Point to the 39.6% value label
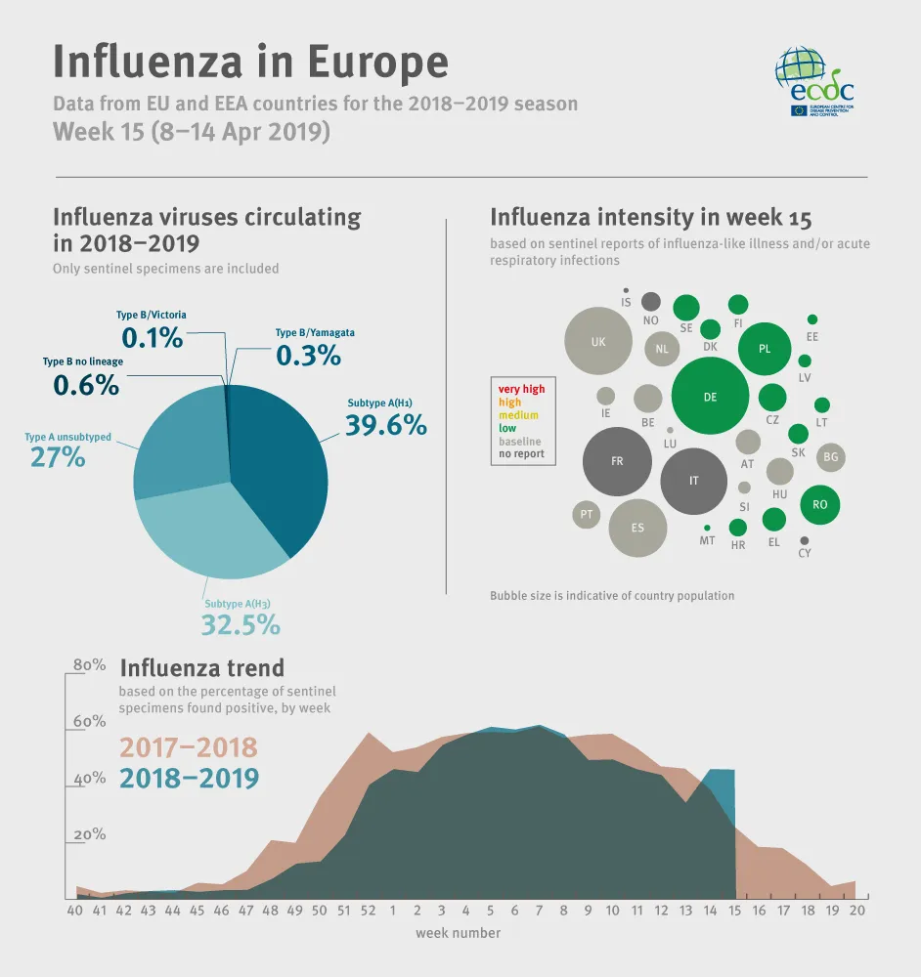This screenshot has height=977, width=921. [x=385, y=425]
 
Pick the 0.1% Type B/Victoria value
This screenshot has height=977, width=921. [x=152, y=338]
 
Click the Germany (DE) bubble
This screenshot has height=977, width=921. [x=710, y=396]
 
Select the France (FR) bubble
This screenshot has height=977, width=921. [x=617, y=461]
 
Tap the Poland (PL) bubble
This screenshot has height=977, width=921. [x=765, y=349]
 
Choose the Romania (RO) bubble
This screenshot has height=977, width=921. [x=820, y=505]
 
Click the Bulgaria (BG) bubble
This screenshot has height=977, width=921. [x=831, y=456]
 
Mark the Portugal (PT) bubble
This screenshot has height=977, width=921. [x=586, y=514]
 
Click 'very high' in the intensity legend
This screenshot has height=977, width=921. [x=521, y=389]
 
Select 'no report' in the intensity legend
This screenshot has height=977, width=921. [x=521, y=454]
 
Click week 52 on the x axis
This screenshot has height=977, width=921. [x=368, y=910]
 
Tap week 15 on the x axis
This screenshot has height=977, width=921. [x=734, y=910]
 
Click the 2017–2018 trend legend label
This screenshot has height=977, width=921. [x=188, y=748]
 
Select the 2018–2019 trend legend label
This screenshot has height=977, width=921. [x=189, y=779]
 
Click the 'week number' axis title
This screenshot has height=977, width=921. [x=458, y=933]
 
